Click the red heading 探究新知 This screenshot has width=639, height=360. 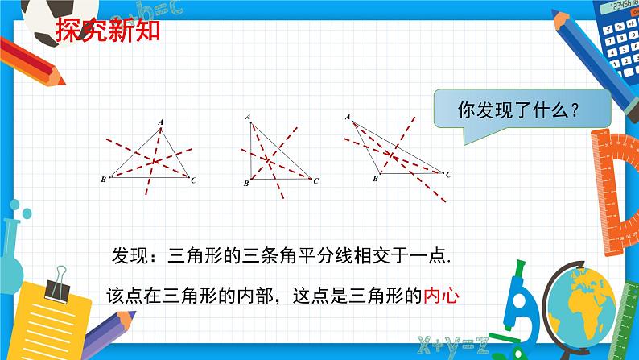[x=108, y=31]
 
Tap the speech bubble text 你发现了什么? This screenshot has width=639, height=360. [x=518, y=110]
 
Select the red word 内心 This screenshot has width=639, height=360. [x=441, y=296]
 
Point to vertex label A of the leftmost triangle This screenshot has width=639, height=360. [x=161, y=122]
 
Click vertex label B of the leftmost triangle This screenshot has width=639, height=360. [x=104, y=180]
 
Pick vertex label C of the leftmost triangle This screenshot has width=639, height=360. [x=193, y=180]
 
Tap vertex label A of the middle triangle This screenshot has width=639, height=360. [x=248, y=117]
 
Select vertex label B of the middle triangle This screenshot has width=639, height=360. [x=246, y=184]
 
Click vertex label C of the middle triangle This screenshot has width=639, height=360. [x=315, y=180]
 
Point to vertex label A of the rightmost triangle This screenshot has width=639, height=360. [x=348, y=117]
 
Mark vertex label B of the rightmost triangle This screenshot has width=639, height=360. [x=375, y=179]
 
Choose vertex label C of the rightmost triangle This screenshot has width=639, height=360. [x=448, y=175]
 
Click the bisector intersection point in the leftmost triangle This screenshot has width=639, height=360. [x=154, y=161]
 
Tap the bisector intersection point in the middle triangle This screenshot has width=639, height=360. [x=268, y=160]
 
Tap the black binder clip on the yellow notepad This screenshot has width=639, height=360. [x=57, y=286]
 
